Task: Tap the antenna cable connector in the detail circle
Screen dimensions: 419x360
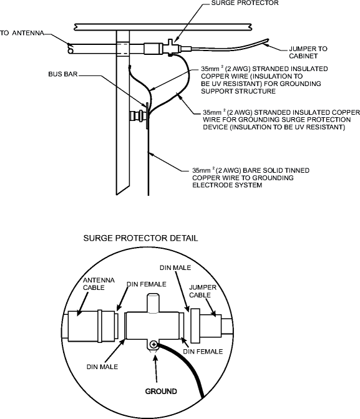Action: pos(92,325)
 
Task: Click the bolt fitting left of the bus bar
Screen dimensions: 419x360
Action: pos(134,115)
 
